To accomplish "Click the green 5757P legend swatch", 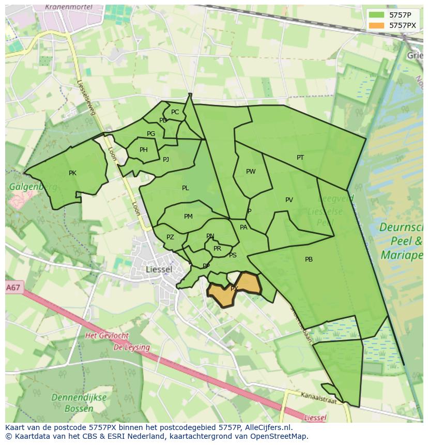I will coord(377,15).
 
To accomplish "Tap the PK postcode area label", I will coord(72,173).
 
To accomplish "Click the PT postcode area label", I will coord(300,158).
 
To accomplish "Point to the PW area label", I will coord(251,172).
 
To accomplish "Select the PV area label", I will coord(289,200).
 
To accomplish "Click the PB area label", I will coord(309,259).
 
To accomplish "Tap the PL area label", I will coord(185,188).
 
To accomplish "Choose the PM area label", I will coord(188,217).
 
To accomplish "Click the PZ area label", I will coord(170,237).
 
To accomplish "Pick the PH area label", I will coord(144,150).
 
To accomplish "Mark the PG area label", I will coord(151,134).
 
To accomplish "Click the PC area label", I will coord(175,112).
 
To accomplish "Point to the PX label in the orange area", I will coord(234,289).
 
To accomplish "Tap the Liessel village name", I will coord(159,269).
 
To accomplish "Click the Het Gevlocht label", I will coord(106,335).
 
